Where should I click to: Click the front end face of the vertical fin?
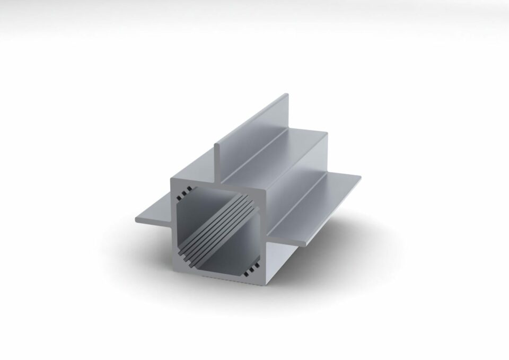(217, 159)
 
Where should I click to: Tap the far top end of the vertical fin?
(287, 96)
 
